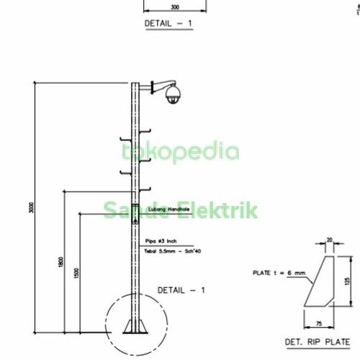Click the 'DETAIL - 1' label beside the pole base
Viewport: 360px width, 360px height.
tap(181, 289)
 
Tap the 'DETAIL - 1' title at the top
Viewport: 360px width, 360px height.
tap(169, 23)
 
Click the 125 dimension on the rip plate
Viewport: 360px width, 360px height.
tap(347, 282)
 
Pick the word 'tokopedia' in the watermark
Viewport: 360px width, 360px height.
tap(180, 151)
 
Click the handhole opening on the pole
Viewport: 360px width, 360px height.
tap(133, 216)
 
